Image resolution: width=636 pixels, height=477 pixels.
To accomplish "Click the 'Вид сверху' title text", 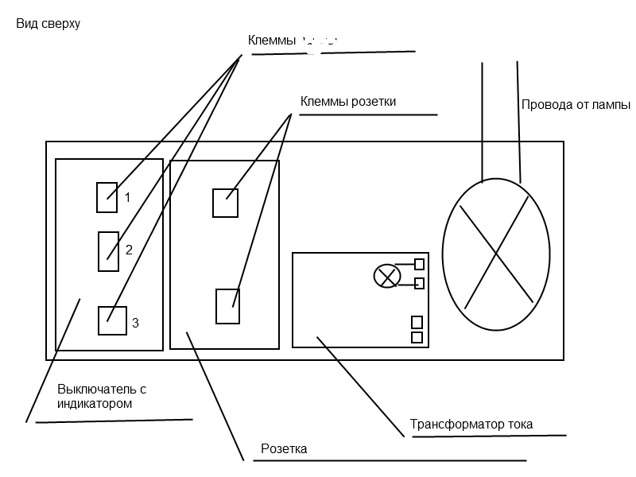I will [48, 24].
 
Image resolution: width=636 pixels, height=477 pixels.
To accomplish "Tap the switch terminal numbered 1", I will [107, 197].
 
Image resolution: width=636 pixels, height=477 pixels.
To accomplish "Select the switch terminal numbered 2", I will [107, 251].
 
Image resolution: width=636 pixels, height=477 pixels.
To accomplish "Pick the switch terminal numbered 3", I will [111, 320].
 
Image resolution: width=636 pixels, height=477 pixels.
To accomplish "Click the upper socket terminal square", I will [225, 203].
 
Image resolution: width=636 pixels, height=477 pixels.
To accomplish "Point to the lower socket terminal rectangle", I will [228, 306].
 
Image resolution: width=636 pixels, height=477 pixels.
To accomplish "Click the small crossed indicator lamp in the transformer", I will [387, 276].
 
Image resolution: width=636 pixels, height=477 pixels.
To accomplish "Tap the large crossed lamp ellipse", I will [495, 253].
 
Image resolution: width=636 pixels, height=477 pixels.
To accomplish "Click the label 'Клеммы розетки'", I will [348, 102].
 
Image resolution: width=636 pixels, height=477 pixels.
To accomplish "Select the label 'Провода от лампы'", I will [576, 104].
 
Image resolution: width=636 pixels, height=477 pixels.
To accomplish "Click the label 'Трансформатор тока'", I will [471, 424].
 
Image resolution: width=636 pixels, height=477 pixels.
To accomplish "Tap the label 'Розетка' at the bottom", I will [284, 449].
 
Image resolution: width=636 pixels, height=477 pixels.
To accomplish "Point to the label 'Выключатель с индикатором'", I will [102, 396].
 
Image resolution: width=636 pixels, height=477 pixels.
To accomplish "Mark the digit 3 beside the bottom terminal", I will [135, 323].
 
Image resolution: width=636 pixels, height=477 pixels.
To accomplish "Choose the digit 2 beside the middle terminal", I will [129, 250].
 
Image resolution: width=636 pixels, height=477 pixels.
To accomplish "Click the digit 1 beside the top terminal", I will [127, 197].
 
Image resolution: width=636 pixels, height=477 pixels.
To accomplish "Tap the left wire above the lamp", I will [483, 119].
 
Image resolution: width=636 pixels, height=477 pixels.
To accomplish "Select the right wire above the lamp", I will [519, 119].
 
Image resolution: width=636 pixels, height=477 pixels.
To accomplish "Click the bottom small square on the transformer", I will [417, 337].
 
